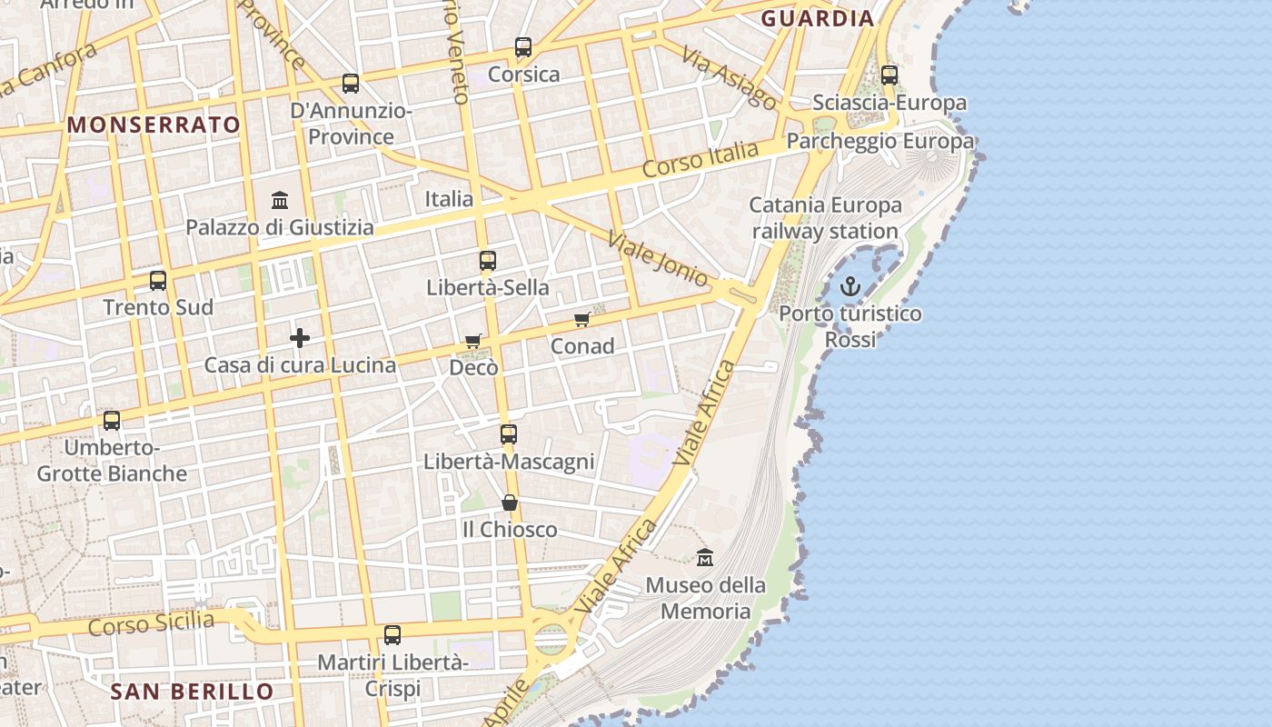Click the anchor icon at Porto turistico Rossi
pyautogui.click(x=850, y=287)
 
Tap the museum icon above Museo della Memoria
pyautogui.click(x=705, y=557)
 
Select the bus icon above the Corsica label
pyautogui.click(x=523, y=47)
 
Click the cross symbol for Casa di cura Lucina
pyautogui.click(x=300, y=339)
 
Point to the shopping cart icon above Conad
pyautogui.click(x=582, y=319)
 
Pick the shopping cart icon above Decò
pyautogui.click(x=472, y=341)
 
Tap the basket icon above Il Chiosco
pyautogui.click(x=510, y=503)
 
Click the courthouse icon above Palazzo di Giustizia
pyautogui.click(x=280, y=200)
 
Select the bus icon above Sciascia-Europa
pyautogui.click(x=889, y=75)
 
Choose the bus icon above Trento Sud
pyautogui.click(x=158, y=280)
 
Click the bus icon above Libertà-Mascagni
pyautogui.click(x=509, y=434)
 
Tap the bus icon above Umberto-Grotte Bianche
pyautogui.click(x=112, y=421)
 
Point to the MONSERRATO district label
pyautogui.click(x=154, y=124)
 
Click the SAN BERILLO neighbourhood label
pyautogui.click(x=192, y=692)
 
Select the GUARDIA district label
pyautogui.click(x=818, y=18)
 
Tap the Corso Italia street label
pyautogui.click(x=700, y=160)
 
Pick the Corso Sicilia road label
pyautogui.click(x=152, y=624)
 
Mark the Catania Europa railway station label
pyautogui.click(x=826, y=218)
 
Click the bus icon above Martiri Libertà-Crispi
pyautogui.click(x=393, y=635)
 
